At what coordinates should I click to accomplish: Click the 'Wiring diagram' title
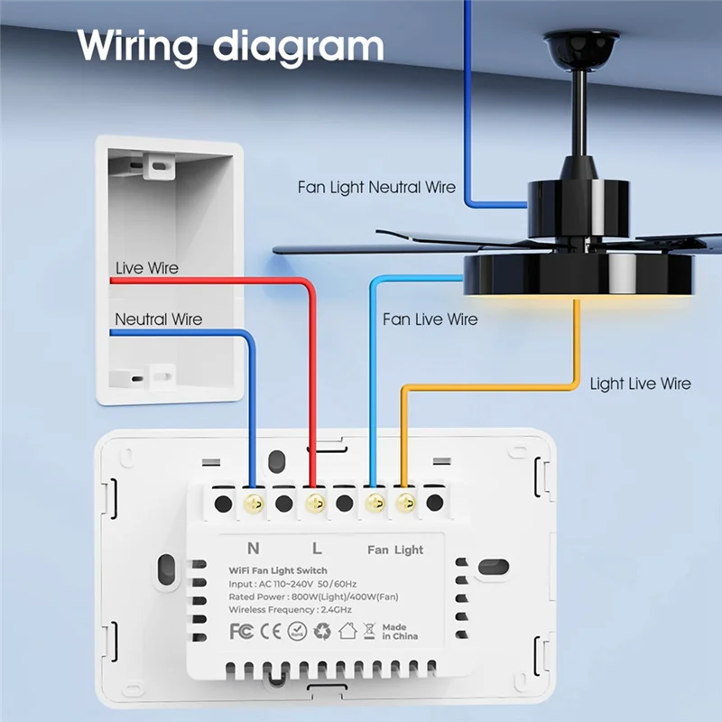click(230, 44)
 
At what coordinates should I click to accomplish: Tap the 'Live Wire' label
click(147, 268)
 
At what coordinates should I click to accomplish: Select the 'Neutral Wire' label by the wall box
click(159, 319)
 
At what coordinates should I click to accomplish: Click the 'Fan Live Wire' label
click(430, 319)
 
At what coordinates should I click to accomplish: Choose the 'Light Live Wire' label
click(640, 384)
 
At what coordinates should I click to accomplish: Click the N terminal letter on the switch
click(254, 549)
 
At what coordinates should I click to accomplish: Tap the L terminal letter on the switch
click(316, 549)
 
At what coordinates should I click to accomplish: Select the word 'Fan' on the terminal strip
click(377, 550)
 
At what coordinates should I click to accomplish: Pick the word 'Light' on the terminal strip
click(409, 550)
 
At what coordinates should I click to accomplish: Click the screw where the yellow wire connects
click(403, 503)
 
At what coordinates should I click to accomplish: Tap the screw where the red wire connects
click(314, 503)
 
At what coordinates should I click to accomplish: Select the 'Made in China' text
click(394, 632)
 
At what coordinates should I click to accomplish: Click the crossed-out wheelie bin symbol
click(368, 631)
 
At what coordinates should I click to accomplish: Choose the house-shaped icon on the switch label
click(347, 631)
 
